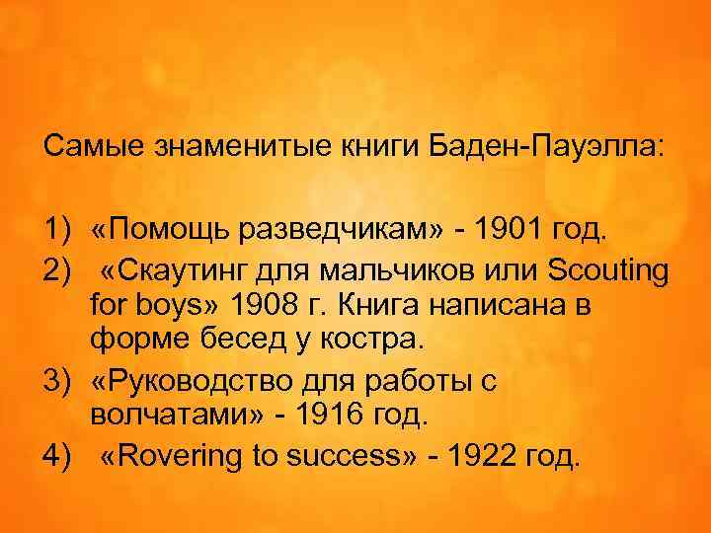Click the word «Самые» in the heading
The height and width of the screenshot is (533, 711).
tap(94, 147)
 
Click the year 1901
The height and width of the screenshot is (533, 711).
tap(501, 230)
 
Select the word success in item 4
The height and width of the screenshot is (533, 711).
tap(337, 458)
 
